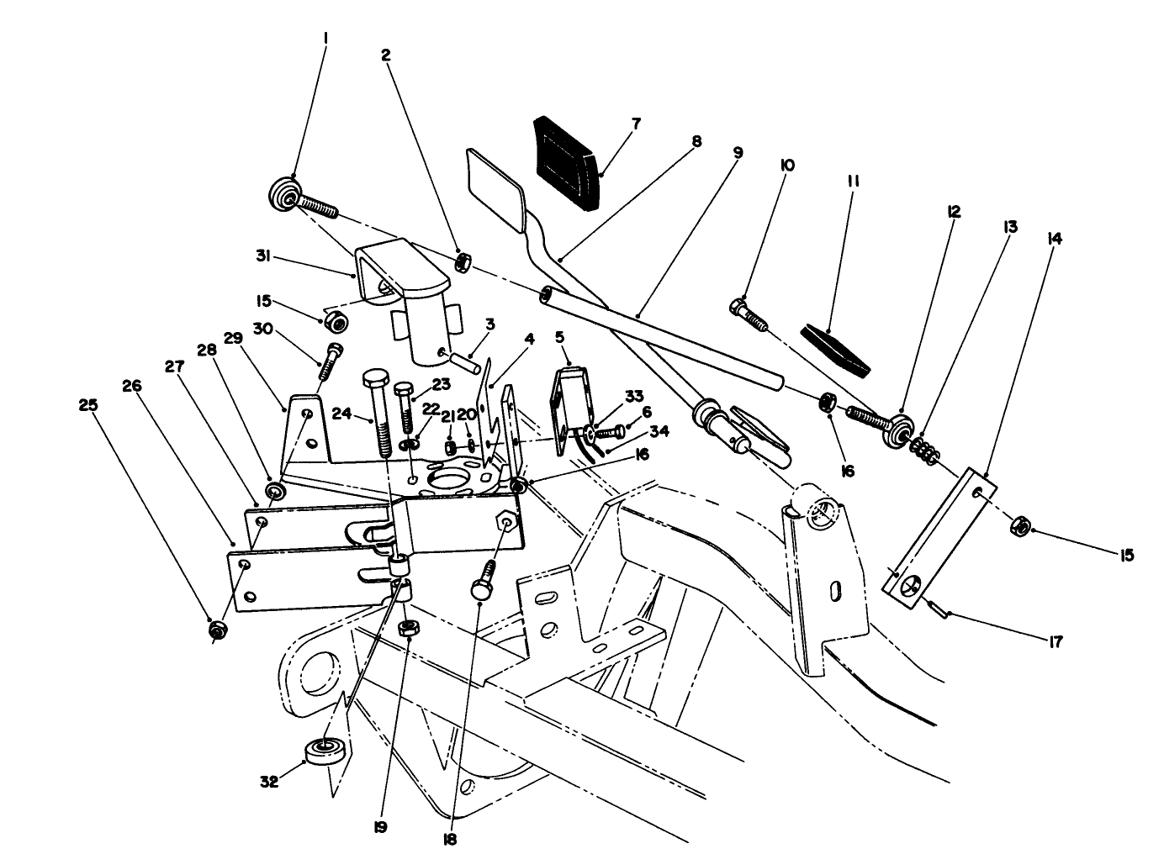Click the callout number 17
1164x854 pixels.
1056,642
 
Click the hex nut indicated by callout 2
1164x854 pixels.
462,262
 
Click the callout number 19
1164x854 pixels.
381,826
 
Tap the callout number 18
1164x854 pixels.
452,840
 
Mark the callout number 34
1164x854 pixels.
660,432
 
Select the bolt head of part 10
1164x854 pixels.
739,307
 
